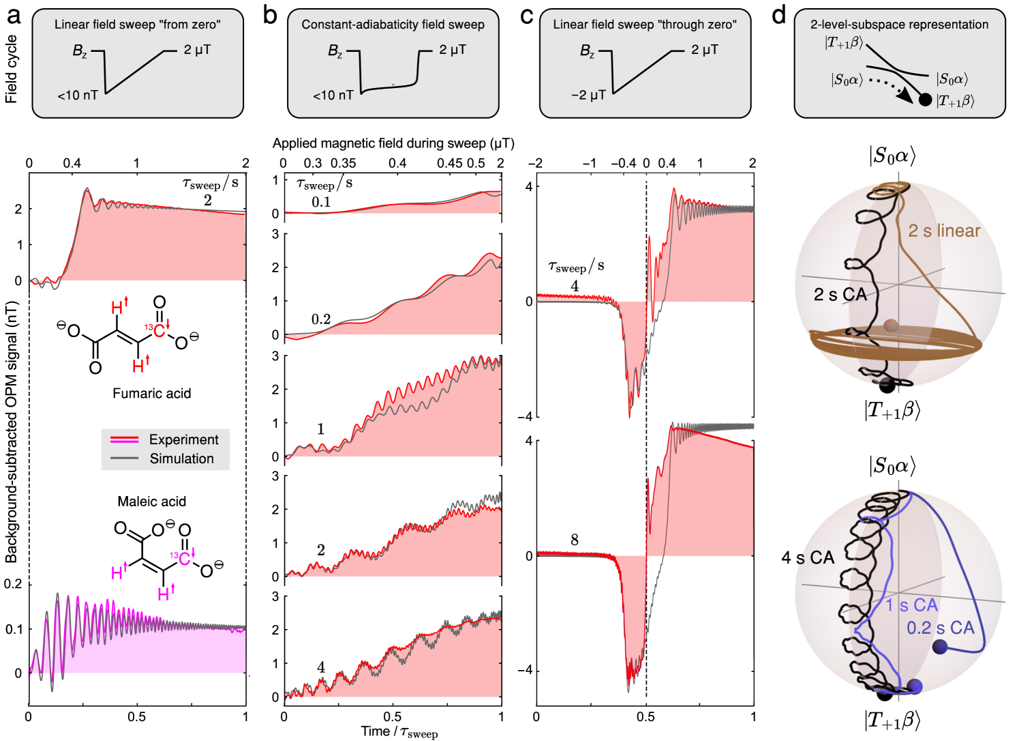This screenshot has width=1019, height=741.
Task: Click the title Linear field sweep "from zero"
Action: (x=138, y=25)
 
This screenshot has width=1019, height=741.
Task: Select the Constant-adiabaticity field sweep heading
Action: (x=393, y=25)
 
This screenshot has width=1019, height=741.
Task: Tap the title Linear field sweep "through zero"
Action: (x=645, y=25)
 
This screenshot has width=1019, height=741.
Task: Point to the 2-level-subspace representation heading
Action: (x=899, y=25)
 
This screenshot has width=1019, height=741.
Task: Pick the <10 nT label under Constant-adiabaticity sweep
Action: (x=333, y=96)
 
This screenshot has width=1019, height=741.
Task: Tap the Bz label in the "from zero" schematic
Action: (x=80, y=51)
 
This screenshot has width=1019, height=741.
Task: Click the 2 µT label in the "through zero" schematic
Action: (x=705, y=50)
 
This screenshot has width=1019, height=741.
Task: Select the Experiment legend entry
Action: (x=183, y=439)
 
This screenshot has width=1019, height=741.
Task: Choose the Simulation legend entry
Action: (x=181, y=459)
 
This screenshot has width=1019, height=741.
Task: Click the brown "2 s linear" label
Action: (x=944, y=231)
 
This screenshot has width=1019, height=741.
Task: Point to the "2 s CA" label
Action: (x=840, y=295)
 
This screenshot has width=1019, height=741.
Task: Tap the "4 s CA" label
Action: (x=808, y=558)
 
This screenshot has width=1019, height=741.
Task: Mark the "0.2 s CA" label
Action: (x=941, y=628)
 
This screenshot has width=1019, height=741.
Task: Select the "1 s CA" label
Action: (x=912, y=605)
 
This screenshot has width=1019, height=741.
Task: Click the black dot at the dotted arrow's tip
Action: (x=925, y=100)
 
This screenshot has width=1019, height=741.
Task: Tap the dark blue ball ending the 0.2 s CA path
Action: (x=940, y=647)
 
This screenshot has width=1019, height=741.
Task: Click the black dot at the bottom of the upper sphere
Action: (x=887, y=386)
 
